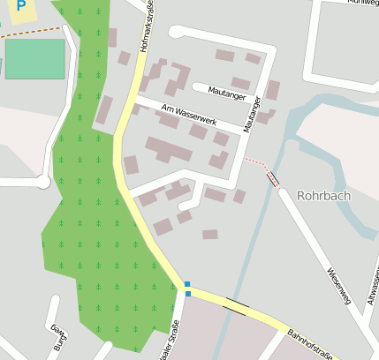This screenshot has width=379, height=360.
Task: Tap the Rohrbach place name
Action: click(326, 196)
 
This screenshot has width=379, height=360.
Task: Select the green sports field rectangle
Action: click(34, 58)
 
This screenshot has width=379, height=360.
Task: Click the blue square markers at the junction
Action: click(187, 289)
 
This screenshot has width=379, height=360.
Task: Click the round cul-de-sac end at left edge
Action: click(42, 182)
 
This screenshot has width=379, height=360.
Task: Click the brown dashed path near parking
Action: click(27, 34)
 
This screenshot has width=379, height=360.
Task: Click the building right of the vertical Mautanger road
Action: click(273, 89)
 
